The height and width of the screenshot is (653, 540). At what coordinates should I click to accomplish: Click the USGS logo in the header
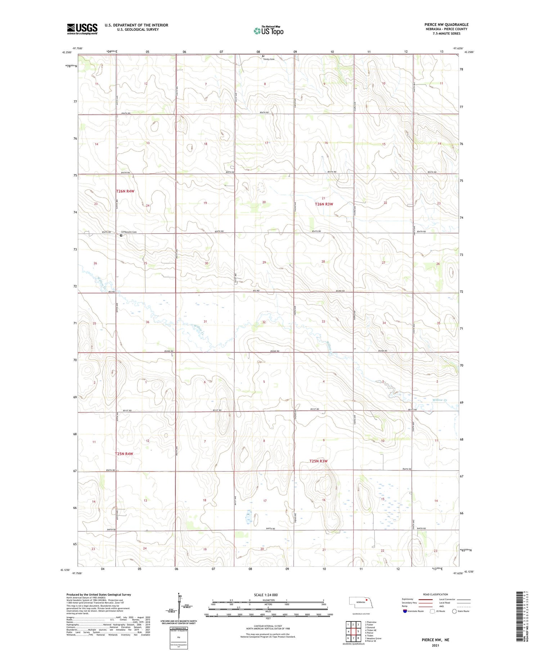[82, 29]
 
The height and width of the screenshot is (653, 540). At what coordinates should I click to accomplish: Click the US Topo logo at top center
[268, 31]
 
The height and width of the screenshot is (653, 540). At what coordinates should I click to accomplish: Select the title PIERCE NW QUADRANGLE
[446, 24]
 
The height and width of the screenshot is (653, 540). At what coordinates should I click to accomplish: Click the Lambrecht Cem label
[129, 232]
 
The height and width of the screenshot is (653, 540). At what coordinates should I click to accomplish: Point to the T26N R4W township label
[125, 191]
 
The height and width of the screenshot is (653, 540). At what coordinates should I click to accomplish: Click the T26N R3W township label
[324, 204]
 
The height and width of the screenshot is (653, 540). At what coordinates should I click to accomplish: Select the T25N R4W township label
[124, 454]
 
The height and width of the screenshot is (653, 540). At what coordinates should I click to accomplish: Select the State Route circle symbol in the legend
[454, 611]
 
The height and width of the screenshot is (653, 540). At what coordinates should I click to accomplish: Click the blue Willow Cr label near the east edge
[440, 400]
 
